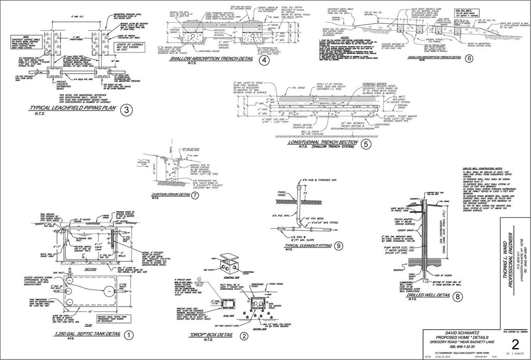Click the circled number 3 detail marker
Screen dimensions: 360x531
click(125, 109)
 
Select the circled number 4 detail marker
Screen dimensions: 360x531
click(264, 60)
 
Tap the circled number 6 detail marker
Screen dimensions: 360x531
click(469, 58)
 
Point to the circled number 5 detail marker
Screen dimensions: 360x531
click(366, 144)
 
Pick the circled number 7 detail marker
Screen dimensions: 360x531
click(194, 196)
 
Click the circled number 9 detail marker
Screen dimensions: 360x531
click(339, 246)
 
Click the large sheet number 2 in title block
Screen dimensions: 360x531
click(515, 344)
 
